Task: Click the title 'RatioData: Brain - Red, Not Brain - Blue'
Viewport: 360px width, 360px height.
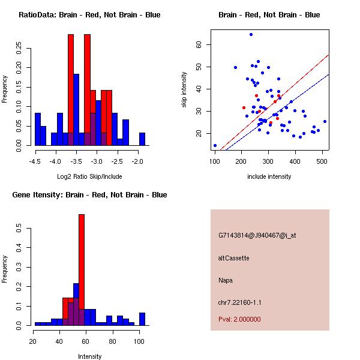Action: pyautogui.click(x=89, y=15)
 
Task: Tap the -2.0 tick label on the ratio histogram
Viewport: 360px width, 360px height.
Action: pyautogui.click(x=139, y=161)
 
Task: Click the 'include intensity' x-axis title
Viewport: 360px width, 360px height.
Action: pyautogui.click(x=269, y=176)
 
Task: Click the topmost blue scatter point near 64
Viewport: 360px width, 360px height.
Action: pyautogui.click(x=251, y=34)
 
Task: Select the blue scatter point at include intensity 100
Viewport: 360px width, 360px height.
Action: pyautogui.click(x=215, y=145)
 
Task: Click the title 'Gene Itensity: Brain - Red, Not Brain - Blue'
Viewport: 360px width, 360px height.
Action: pyautogui.click(x=89, y=195)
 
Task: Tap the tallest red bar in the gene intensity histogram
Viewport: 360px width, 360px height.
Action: pyautogui.click(x=82, y=270)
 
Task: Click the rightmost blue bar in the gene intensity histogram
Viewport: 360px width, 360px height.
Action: pyautogui.click(x=142, y=319)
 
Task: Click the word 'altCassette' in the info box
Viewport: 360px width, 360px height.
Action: pyautogui.click(x=233, y=258)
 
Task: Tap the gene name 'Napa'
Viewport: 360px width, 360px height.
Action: pyautogui.click(x=226, y=280)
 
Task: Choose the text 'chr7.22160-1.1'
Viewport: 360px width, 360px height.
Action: pyautogui.click(x=239, y=302)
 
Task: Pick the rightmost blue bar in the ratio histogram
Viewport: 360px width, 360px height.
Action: pyautogui.click(x=142, y=139)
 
